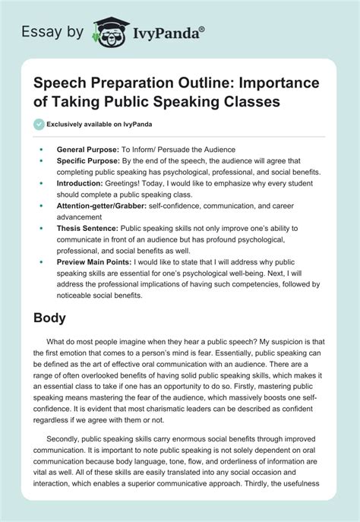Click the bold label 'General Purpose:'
(x=85, y=150)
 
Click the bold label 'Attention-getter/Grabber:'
(x=103, y=205)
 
